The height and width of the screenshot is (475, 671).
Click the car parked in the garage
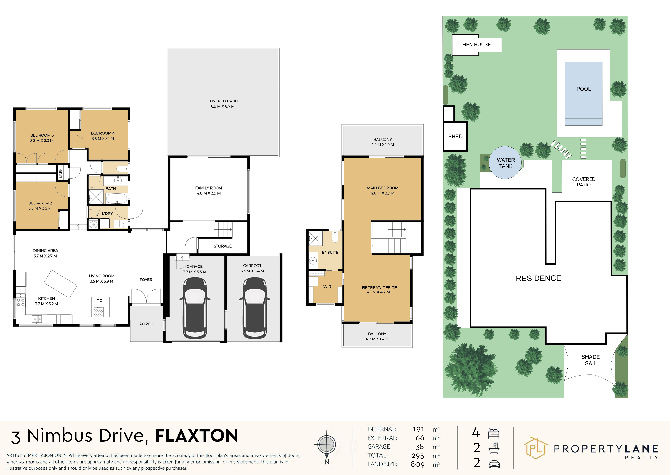tap(195, 308)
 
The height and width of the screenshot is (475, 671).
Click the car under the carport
tap(255, 308)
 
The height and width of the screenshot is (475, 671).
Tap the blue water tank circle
tap(505, 163)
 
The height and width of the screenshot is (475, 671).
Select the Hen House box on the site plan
tap(477, 45)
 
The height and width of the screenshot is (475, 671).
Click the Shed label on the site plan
tap(455, 137)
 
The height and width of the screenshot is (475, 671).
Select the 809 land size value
tap(418, 464)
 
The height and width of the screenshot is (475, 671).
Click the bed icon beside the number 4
tap(494, 433)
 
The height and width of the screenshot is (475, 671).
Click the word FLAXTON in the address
tap(196, 436)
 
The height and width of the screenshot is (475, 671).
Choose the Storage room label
tap(223, 246)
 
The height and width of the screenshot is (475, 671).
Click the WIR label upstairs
tap(327, 287)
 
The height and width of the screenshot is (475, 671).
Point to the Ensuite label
tap(330, 252)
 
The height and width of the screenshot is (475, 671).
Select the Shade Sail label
tap(591, 360)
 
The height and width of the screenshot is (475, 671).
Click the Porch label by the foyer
tap(146, 324)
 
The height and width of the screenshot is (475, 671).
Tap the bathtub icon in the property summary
tap(494, 448)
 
